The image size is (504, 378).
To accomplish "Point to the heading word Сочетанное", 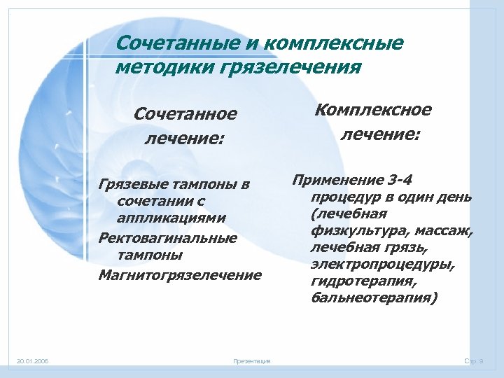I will (185, 113).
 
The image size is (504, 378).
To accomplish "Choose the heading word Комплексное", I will (374, 110).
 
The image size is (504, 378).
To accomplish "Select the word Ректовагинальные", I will (167, 239).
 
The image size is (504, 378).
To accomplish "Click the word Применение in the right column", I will (330, 179).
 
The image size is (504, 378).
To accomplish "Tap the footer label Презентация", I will (252, 360).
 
